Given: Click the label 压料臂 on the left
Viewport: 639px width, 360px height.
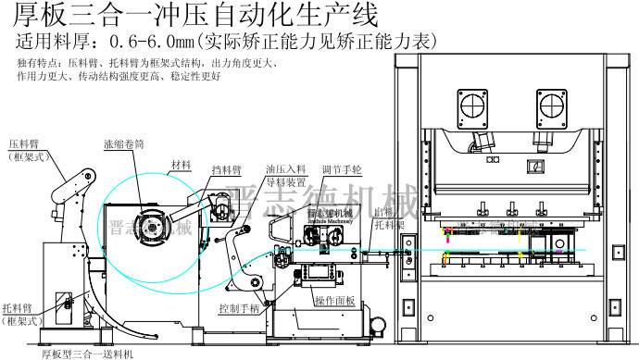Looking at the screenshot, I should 25,145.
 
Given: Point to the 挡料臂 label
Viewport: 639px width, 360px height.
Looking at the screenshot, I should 227,170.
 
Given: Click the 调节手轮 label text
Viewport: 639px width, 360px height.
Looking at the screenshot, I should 344,170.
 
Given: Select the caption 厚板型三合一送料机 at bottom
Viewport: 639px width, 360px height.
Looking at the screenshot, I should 89,354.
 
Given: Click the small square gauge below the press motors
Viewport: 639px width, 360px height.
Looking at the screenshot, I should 534,165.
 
